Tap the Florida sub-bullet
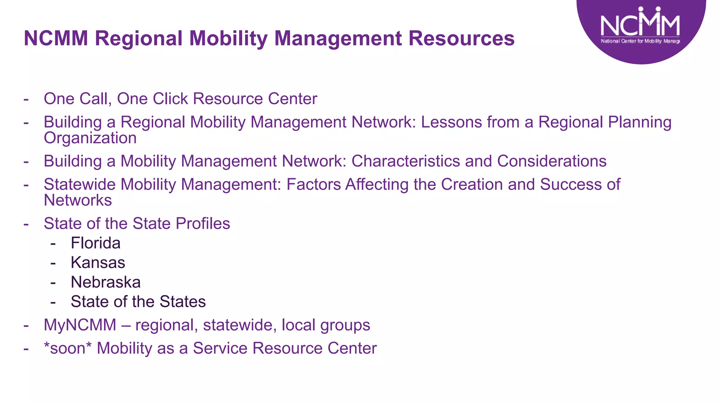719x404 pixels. (x=95, y=243)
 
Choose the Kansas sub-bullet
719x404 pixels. (x=98, y=263)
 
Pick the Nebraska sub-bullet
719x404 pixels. (x=106, y=282)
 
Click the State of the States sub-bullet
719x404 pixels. (x=138, y=302)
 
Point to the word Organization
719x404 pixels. (x=90, y=138)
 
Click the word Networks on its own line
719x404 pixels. (x=78, y=200)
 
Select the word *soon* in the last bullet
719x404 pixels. (x=67, y=348)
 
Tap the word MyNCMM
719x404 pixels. (x=80, y=325)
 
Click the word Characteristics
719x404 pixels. (x=405, y=161)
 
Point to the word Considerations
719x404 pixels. (x=552, y=161)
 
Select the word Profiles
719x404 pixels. (x=203, y=224)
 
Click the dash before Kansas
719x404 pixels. (x=53, y=263)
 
